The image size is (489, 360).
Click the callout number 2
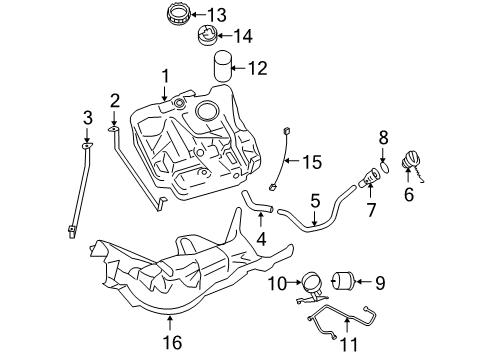tap(115, 100)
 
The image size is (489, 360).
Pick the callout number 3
tap(87, 118)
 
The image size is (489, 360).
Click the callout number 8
tap(382, 136)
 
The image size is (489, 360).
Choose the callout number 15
tap(314, 161)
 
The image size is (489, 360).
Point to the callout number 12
tap(258, 69)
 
